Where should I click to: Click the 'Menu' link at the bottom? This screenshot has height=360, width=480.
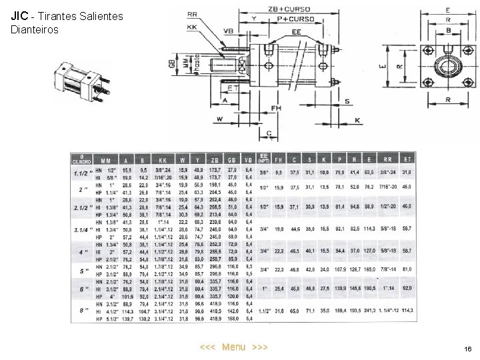click(x=233, y=347)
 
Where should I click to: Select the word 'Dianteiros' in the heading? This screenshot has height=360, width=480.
click(x=35, y=30)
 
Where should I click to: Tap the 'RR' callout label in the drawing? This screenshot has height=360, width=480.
click(x=192, y=13)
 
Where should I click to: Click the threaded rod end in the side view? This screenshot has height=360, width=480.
click(x=217, y=65)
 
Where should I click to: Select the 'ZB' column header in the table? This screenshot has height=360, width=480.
click(x=214, y=160)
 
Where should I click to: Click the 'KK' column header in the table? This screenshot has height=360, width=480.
click(x=163, y=160)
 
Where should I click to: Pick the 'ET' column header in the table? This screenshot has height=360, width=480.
click(x=407, y=160)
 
